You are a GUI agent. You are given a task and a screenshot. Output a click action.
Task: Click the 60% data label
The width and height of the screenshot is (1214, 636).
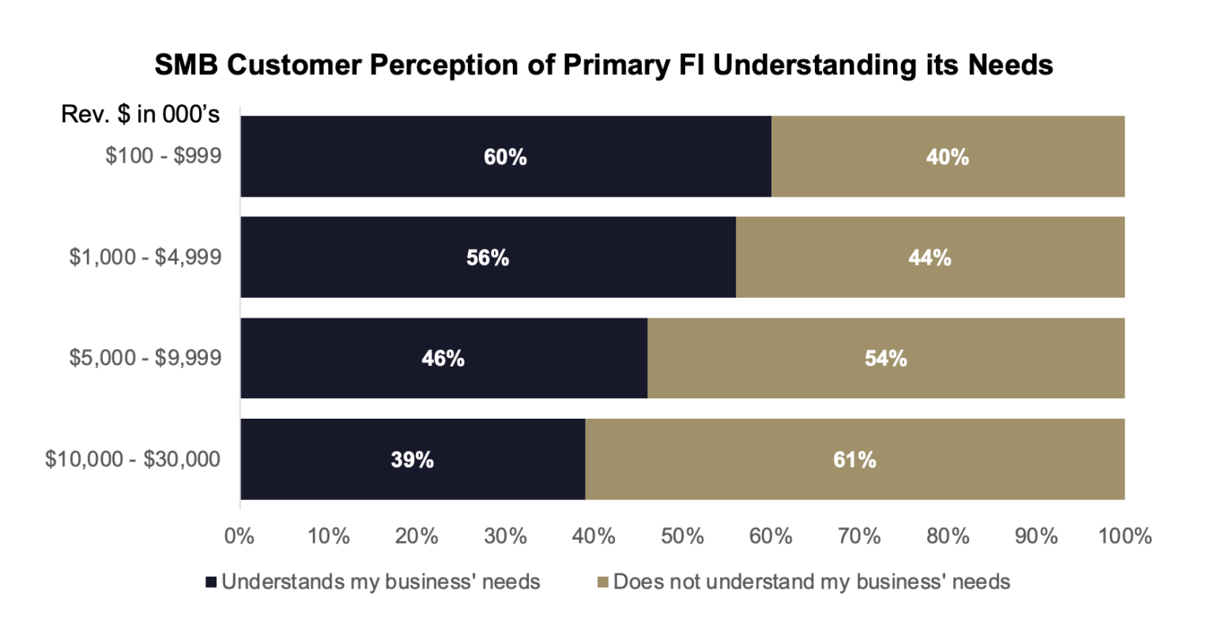click(505, 157)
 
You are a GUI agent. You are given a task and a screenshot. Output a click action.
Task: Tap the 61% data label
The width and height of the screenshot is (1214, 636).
click(854, 460)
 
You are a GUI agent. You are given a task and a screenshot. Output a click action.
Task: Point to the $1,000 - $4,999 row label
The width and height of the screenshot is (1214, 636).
click(145, 258)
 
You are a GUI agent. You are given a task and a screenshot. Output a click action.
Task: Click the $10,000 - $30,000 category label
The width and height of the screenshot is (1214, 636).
click(133, 459)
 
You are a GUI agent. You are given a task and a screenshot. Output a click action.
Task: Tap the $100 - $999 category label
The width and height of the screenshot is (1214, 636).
click(163, 156)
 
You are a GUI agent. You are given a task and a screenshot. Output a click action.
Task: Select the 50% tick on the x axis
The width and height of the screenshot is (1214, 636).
click(682, 536)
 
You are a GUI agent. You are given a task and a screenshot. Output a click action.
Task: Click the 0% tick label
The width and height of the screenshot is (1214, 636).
click(239, 536)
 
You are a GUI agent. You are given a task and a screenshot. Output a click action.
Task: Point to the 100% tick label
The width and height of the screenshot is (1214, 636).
click(1125, 536)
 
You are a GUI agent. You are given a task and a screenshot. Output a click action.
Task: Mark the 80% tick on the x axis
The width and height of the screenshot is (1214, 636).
click(948, 536)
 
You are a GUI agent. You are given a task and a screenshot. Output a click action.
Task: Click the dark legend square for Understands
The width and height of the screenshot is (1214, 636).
click(211, 583)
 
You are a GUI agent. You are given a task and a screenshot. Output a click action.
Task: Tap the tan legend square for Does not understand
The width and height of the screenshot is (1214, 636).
click(602, 583)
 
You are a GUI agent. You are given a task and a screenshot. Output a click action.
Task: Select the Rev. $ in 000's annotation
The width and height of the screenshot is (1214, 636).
click(141, 115)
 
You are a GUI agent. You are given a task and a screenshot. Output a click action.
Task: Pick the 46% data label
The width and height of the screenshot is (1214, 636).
click(443, 359)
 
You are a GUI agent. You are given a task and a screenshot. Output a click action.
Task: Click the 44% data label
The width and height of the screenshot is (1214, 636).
click(929, 258)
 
